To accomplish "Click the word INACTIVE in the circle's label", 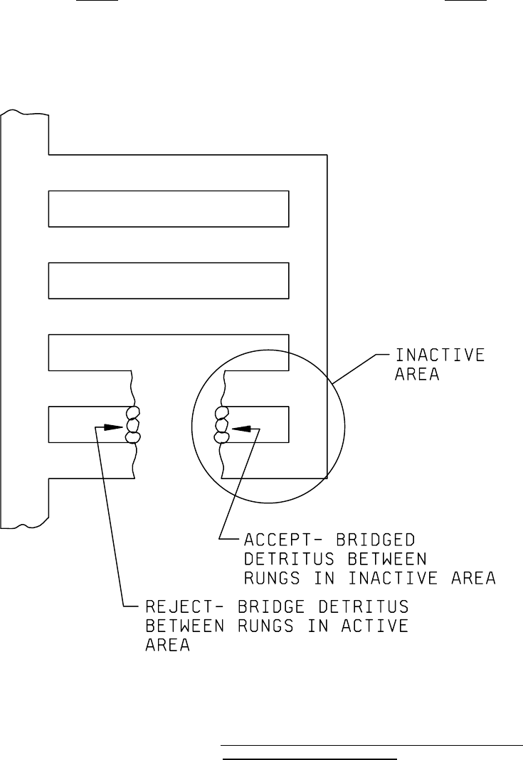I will [440, 354].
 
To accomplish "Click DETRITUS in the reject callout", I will [363, 608].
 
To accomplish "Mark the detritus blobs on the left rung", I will [132, 424].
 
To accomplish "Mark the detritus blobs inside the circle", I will [221, 425].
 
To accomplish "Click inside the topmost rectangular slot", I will [168, 208].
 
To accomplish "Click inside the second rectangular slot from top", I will [168, 280].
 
